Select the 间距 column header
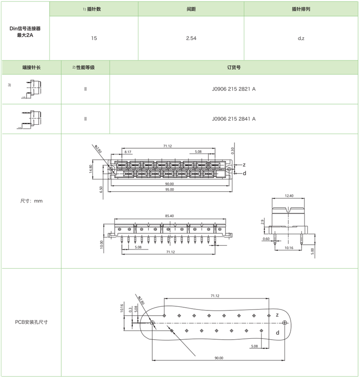[x=191, y=9]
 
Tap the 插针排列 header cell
[x=301, y=9]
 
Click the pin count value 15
[x=94, y=38]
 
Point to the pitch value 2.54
[x=191, y=38]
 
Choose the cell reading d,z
[x=301, y=38]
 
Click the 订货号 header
[x=234, y=68]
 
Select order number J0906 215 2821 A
[x=234, y=89]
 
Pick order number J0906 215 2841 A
[x=234, y=119]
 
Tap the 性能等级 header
[x=85, y=68]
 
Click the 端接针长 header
[x=31, y=68]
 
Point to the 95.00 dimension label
[x=170, y=190]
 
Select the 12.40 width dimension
[x=289, y=196]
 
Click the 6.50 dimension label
[x=101, y=190]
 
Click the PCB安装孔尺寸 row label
[x=31, y=322]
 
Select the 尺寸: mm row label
[x=31, y=201]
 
